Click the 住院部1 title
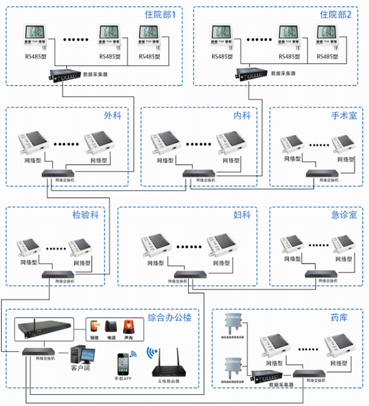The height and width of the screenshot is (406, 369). (x=160, y=15)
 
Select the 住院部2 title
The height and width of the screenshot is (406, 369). (x=336, y=15)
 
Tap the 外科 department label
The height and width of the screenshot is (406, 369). (x=113, y=116)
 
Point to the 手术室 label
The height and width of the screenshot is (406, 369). (x=344, y=116)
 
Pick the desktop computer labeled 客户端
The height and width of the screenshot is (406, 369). (x=81, y=356)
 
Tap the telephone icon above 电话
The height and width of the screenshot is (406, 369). (x=111, y=326)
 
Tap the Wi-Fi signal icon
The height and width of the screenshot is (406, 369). (x=152, y=352)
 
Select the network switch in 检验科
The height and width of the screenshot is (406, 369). (x=59, y=274)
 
